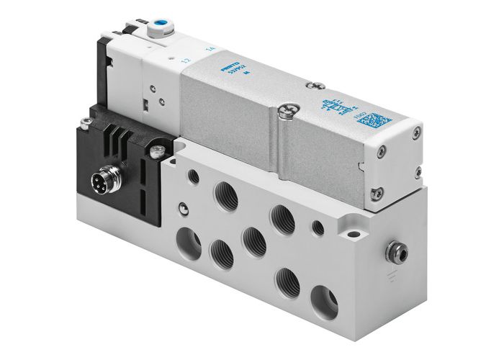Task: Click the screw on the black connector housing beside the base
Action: point(155,150)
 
